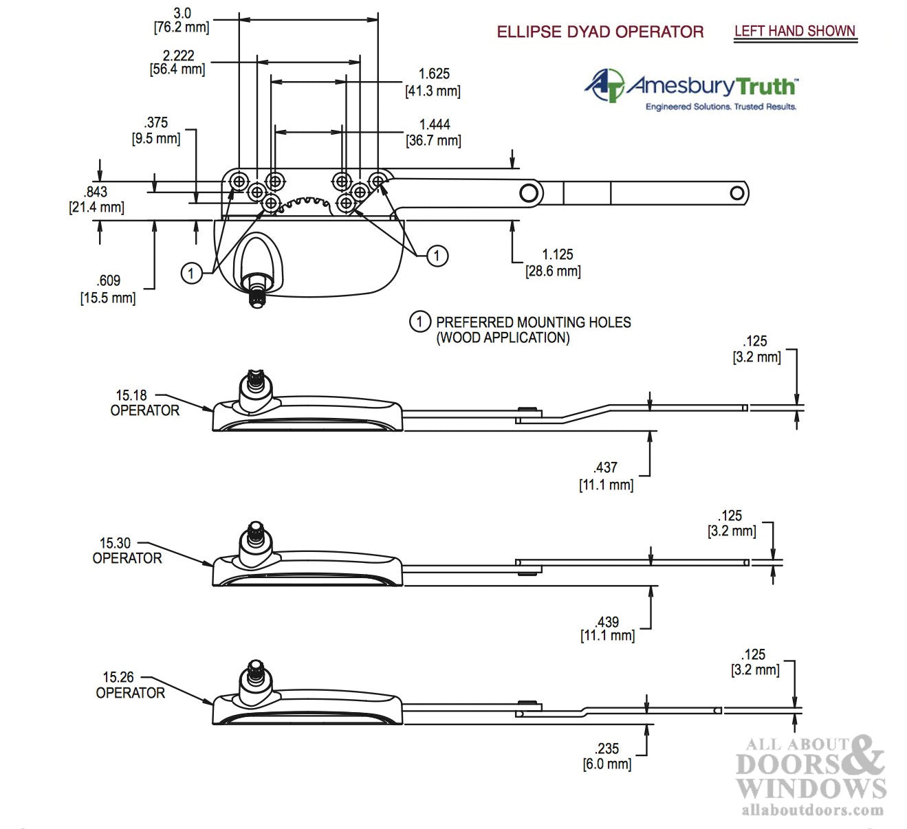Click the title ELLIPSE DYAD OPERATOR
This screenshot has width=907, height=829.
pyautogui.click(x=600, y=32)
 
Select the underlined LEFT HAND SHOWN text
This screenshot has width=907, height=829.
pyautogui.click(x=794, y=31)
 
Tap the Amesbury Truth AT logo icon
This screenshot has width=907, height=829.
pyautogui.click(x=604, y=85)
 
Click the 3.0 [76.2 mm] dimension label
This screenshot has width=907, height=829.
pyautogui.click(x=182, y=21)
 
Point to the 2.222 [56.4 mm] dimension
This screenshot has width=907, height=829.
pyautogui.click(x=177, y=62)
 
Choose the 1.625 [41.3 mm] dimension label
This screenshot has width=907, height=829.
pyautogui.click(x=433, y=82)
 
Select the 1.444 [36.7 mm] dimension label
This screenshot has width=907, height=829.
pyautogui.click(x=434, y=133)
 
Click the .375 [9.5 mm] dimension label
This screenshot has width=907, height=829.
pyautogui.click(x=156, y=131)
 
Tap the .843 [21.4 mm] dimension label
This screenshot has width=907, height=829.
pyautogui.click(x=96, y=199)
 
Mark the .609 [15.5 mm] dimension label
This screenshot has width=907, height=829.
pyautogui.click(x=108, y=289)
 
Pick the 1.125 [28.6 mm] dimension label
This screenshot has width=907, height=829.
pyautogui.click(x=554, y=263)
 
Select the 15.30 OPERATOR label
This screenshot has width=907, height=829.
pyautogui.click(x=127, y=551)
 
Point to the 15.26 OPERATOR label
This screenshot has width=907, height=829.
pyautogui.click(x=130, y=685)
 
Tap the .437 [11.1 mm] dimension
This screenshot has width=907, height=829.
pyautogui.click(x=606, y=476)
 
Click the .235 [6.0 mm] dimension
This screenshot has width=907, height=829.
pyautogui.click(x=607, y=756)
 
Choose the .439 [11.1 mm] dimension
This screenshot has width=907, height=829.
pyautogui.click(x=607, y=629)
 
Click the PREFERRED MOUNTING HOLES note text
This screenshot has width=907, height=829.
pyautogui.click(x=533, y=329)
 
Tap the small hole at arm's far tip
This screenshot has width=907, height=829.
pyautogui.click(x=737, y=193)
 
